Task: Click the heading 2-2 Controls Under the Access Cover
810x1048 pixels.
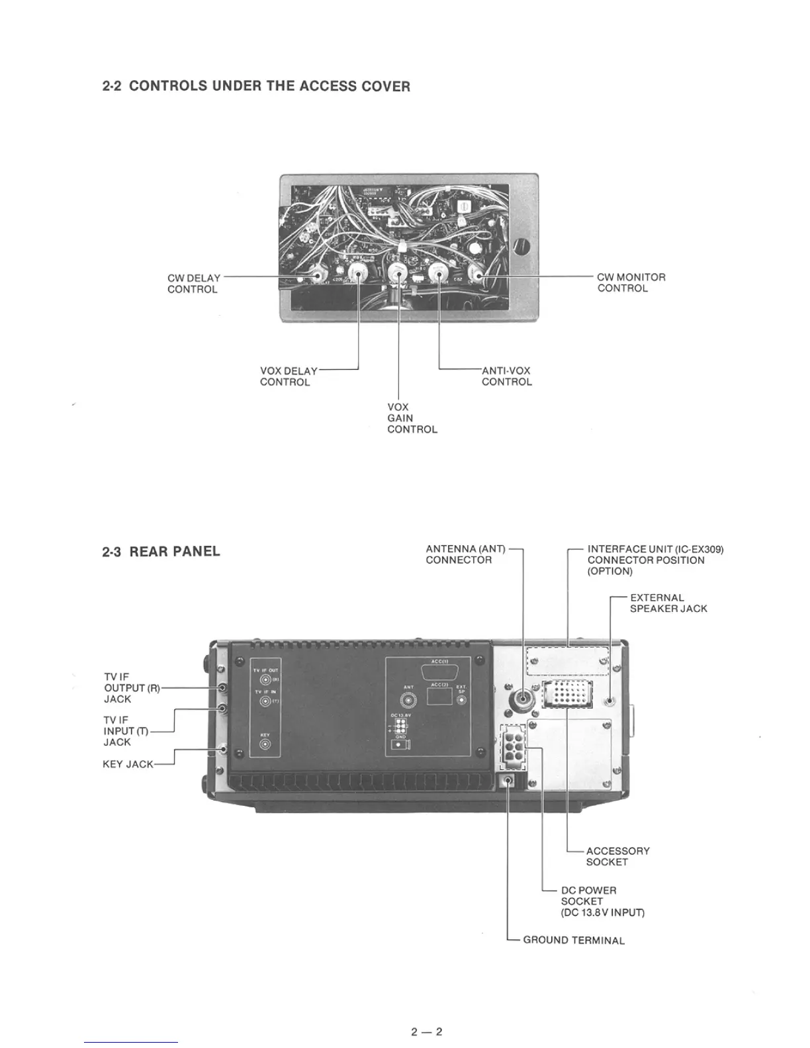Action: pyautogui.click(x=256, y=86)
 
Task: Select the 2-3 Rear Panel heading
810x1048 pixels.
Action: pyautogui.click(x=161, y=552)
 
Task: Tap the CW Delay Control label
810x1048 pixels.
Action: pyautogui.click(x=193, y=284)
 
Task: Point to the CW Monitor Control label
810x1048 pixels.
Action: pyautogui.click(x=631, y=283)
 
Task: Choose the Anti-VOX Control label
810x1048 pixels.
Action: pyautogui.click(x=506, y=376)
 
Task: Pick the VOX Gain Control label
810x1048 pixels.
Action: pyautogui.click(x=412, y=418)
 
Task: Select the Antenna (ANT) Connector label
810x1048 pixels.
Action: pyautogui.click(x=465, y=554)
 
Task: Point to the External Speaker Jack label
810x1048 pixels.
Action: pyautogui.click(x=668, y=603)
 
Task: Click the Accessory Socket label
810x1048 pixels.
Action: pyautogui.click(x=617, y=856)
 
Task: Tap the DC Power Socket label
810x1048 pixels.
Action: pyautogui.click(x=602, y=901)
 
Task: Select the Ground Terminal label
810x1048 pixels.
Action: pyautogui.click(x=573, y=940)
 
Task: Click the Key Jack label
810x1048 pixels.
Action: pyautogui.click(x=128, y=764)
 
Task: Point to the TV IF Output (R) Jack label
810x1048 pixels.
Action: pyautogui.click(x=132, y=688)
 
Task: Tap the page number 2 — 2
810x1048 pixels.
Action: pyautogui.click(x=426, y=1031)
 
